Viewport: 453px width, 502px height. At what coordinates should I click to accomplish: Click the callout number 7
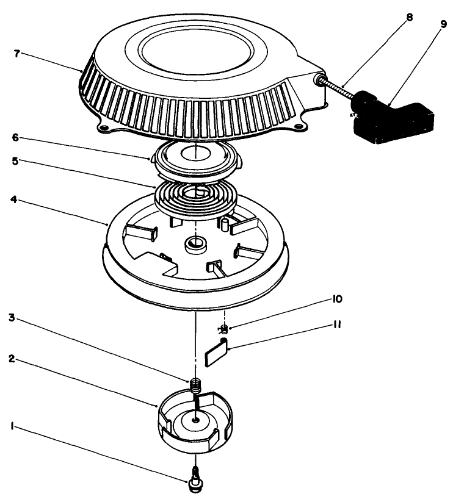(16, 54)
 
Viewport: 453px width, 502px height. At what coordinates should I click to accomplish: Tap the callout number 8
(410, 17)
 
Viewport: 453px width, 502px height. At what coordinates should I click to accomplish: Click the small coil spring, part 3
(195, 385)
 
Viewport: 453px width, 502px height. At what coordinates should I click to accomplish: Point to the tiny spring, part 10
(223, 330)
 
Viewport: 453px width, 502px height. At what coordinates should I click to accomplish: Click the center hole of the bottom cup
(195, 420)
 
